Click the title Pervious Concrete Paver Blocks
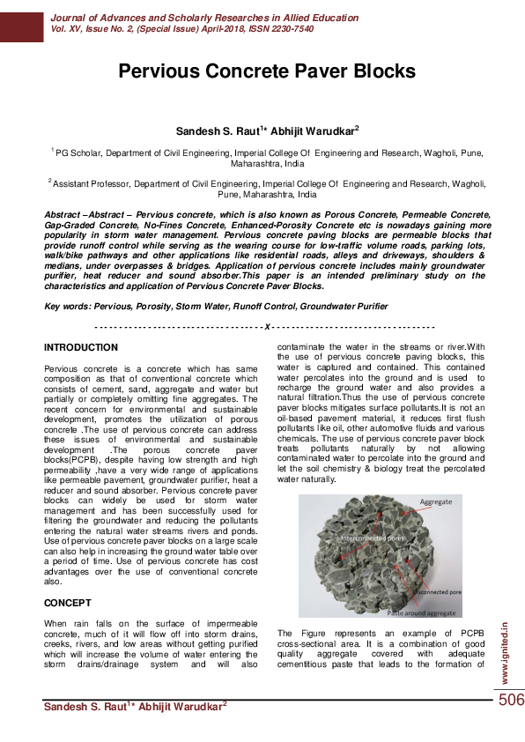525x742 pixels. coord(266,71)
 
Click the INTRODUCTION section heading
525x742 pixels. coord(81,348)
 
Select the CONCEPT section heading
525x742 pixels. coord(68,603)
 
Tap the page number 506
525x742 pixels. coord(510,700)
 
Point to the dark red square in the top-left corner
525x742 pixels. coord(21,20)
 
